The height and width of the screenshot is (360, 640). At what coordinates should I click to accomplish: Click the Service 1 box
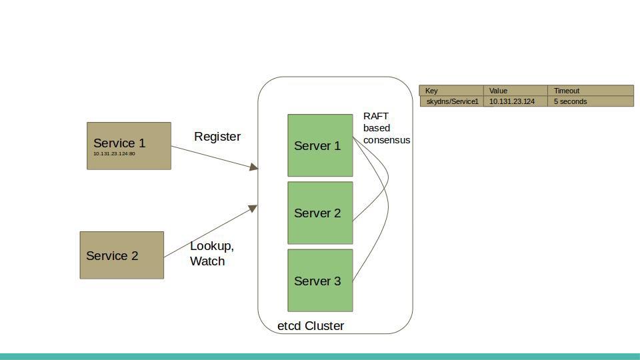point(129,146)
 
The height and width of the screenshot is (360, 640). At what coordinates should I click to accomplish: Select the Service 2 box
point(121,255)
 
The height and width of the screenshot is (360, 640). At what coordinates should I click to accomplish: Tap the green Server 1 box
point(320,145)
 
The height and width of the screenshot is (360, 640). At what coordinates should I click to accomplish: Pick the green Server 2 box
point(320,213)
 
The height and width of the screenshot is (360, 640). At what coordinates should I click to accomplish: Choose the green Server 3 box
point(320,281)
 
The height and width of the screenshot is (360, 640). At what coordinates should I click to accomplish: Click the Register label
point(217,137)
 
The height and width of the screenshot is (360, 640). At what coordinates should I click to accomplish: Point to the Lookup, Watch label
point(211,253)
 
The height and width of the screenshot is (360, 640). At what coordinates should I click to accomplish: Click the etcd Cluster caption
point(311,326)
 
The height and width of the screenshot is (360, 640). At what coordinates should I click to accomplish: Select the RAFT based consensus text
point(386,128)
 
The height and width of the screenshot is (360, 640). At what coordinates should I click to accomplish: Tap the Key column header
point(451,91)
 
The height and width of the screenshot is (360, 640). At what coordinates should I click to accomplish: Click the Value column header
point(515,91)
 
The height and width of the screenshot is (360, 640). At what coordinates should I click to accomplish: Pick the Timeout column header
point(590,91)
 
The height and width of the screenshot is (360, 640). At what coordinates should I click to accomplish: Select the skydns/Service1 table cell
point(452,101)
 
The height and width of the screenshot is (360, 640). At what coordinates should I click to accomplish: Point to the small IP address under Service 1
point(114,154)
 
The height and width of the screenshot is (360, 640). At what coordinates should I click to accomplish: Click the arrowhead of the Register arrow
point(253,167)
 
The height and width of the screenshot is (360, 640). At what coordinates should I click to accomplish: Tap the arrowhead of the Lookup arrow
point(253,209)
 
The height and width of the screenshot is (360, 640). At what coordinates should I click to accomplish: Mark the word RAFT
point(375,116)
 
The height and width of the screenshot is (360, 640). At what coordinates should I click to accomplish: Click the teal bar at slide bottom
point(320,357)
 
